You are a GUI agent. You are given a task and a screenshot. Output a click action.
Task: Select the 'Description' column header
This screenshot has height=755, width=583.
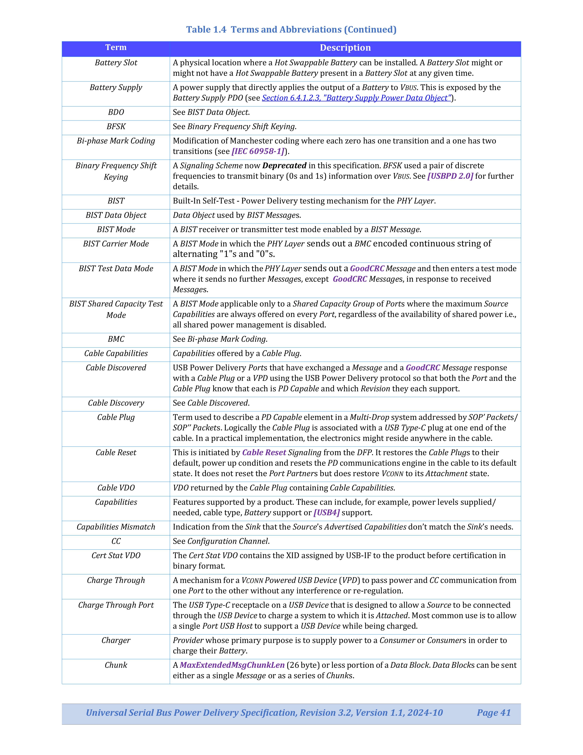345,48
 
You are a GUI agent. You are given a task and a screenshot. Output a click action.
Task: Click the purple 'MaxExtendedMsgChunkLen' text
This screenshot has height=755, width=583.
232,665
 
